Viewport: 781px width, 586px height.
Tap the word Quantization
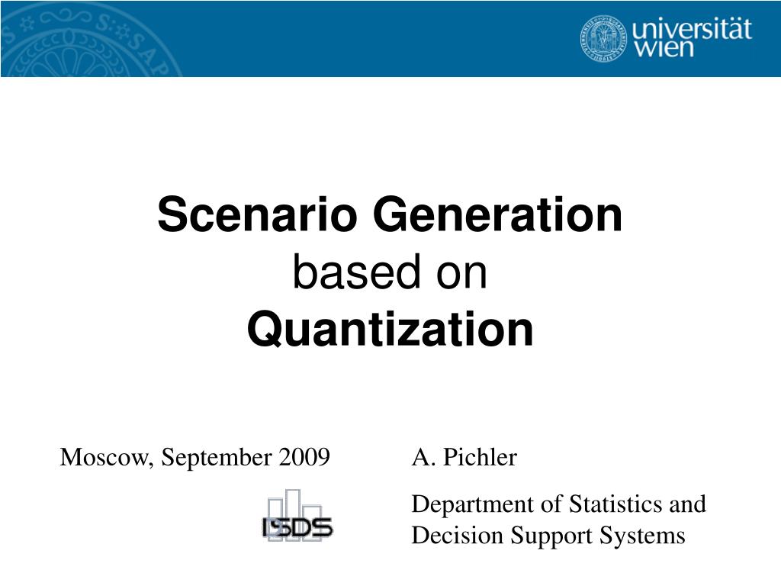390,330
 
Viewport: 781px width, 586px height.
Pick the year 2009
304,458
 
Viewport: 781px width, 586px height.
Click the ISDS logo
297,518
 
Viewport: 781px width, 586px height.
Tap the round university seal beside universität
603,37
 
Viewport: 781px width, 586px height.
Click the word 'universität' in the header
692,30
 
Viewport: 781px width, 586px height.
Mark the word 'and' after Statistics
688,504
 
